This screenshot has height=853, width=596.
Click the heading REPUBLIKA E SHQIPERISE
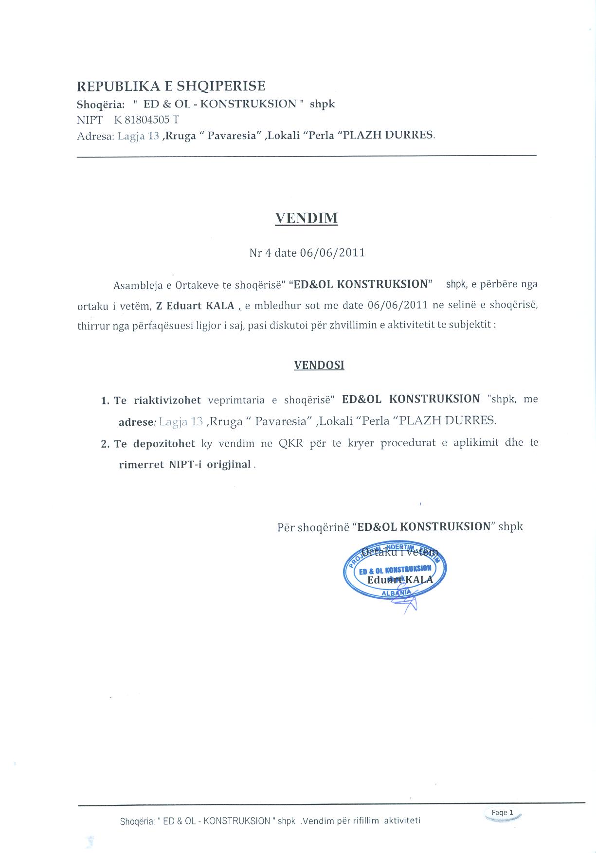171,86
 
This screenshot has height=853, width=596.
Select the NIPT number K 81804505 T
147,120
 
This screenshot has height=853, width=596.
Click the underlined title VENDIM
306,218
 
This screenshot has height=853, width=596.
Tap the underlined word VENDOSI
319,365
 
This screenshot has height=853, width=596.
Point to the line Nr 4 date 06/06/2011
307,253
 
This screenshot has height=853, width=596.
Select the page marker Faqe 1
500,812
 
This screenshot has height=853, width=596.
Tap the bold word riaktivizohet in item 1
167,400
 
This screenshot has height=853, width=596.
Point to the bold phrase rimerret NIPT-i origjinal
185,464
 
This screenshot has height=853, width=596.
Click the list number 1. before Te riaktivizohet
105,401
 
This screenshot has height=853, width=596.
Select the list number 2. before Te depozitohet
105,444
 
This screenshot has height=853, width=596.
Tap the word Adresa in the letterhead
94,136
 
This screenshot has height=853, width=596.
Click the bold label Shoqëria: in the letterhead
101,104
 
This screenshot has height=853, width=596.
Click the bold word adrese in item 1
136,422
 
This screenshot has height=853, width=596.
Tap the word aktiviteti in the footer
402,821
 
